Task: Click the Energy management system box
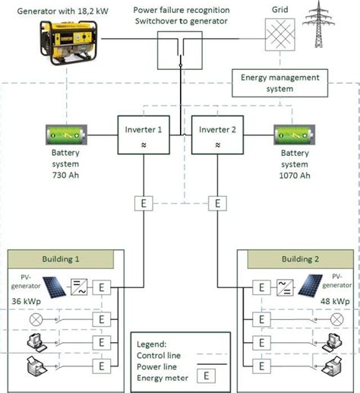(280, 82)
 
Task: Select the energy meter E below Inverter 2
(218, 203)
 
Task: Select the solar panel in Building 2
(309, 287)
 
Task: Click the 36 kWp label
(25, 301)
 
